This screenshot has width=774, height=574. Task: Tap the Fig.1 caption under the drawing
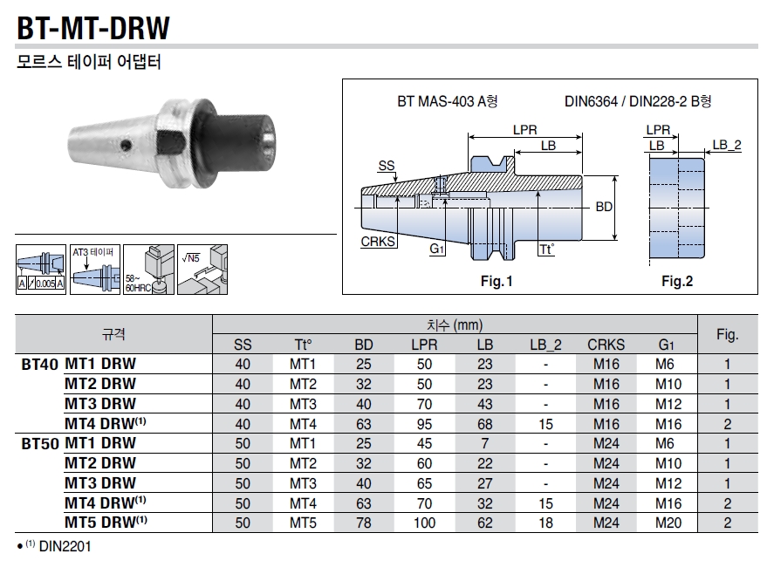(497, 282)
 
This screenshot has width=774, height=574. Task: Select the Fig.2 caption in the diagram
(676, 282)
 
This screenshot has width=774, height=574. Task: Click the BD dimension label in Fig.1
(604, 208)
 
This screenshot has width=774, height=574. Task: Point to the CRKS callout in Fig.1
(378, 242)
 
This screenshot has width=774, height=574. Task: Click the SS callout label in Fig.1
(386, 166)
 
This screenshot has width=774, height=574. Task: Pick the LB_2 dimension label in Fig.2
(726, 145)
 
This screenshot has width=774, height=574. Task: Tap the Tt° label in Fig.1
(546, 249)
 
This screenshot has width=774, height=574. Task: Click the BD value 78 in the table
(364, 523)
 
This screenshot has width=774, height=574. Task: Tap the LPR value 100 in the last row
(424, 523)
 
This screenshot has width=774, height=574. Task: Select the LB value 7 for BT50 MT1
(485, 443)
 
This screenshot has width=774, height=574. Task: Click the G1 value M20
(668, 523)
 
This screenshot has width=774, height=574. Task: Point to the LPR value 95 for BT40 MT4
(424, 424)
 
